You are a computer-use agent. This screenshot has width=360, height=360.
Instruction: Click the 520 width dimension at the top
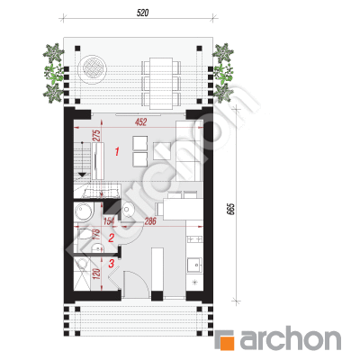[142, 13]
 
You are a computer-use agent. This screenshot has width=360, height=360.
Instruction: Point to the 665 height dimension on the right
[230, 209]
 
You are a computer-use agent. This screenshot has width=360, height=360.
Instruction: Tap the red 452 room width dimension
[141, 122]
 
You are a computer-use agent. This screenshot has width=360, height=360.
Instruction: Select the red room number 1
[117, 151]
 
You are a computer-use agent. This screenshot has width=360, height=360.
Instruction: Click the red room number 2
[112, 238]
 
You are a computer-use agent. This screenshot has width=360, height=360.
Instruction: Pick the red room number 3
[112, 264]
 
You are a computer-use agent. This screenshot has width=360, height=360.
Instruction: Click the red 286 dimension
[150, 221]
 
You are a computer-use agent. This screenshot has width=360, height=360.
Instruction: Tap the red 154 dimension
[109, 221]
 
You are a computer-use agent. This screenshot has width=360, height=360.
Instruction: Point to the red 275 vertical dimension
[97, 136]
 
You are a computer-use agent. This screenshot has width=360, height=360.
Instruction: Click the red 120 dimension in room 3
[96, 274]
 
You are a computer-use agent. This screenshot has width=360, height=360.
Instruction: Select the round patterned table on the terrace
[92, 67]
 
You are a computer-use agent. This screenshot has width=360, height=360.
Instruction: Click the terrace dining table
[161, 83]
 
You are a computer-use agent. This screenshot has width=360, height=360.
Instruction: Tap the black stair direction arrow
[82, 175]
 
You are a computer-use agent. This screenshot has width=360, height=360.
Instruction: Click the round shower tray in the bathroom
[85, 211]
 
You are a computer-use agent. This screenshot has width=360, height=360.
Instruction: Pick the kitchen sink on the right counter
[195, 265]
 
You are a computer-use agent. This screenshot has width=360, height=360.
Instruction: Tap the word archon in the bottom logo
[290, 339]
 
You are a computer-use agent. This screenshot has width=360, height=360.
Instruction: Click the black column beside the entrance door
[157, 296]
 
